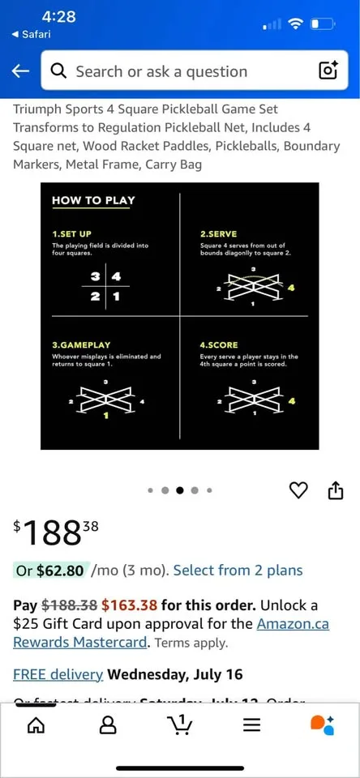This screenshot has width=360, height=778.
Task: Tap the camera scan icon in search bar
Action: [328, 71]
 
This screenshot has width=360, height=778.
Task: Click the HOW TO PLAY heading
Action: [93, 200]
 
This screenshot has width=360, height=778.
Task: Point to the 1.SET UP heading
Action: [71, 233]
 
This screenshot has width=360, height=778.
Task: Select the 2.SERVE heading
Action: [219, 233]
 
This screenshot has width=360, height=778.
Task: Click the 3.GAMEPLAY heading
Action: [81, 345]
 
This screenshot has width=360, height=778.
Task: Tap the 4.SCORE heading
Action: [219, 345]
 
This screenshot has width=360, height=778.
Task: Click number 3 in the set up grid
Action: [96, 277]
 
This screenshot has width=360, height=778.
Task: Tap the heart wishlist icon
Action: [299, 490]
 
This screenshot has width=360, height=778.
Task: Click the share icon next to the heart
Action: [335, 490]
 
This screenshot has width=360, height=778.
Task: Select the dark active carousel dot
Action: [180, 490]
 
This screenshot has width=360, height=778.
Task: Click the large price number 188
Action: [51, 532]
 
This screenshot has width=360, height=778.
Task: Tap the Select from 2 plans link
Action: [238, 571]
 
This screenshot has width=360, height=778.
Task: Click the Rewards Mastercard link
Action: [80, 642]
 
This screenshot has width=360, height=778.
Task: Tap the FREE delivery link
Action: [58, 674]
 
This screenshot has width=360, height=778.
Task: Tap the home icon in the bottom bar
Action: [36, 725]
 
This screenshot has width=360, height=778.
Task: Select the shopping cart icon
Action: [179, 724]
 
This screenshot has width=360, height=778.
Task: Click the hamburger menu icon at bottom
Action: [252, 725]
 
